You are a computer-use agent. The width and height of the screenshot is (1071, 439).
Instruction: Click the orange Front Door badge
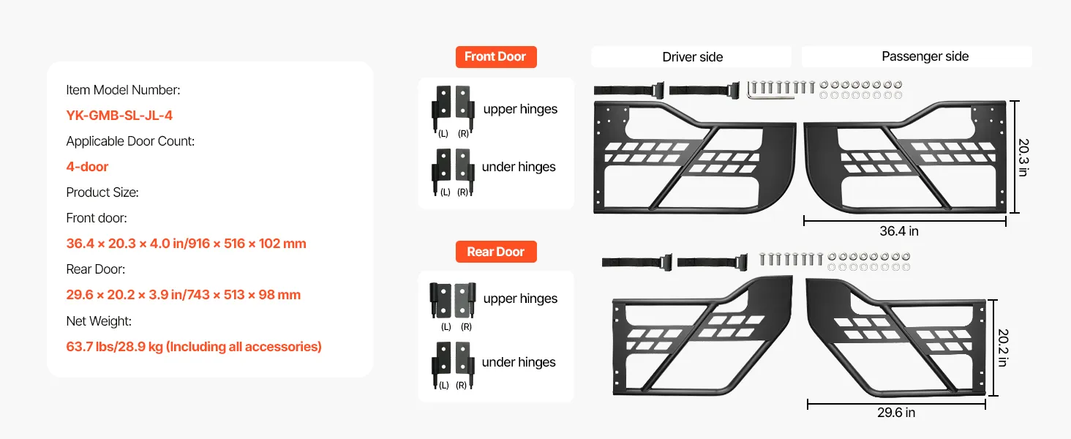pyautogui.click(x=496, y=57)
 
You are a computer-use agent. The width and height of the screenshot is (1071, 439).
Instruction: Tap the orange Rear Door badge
pyautogui.click(x=496, y=252)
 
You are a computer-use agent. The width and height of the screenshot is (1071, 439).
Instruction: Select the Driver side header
pyautogui.click(x=692, y=57)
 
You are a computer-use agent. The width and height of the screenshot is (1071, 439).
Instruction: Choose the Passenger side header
pyautogui.click(x=925, y=56)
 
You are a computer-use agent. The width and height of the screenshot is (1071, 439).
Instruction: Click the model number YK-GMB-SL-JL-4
pyautogui.click(x=119, y=116)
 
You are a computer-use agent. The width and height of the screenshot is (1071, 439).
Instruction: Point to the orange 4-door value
pyautogui.click(x=87, y=166)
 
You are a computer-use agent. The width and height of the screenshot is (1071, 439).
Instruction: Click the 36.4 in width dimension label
pyautogui.click(x=899, y=231)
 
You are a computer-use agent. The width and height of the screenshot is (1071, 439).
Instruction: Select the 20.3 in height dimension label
pyautogui.click(x=1023, y=157)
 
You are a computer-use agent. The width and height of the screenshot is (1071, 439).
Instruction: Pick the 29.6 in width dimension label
pyautogui.click(x=896, y=412)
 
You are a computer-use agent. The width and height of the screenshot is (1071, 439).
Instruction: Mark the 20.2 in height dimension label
pyautogui.click(x=1003, y=348)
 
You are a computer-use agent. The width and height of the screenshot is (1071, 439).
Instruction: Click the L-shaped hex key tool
pyautogui.click(x=770, y=91)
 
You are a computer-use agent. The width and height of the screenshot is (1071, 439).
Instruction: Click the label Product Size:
pyautogui.click(x=102, y=192)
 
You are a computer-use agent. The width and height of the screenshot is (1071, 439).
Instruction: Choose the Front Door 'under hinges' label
pyautogui.click(x=519, y=166)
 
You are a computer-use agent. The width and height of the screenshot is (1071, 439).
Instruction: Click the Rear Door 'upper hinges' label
pyautogui.click(x=520, y=299)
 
